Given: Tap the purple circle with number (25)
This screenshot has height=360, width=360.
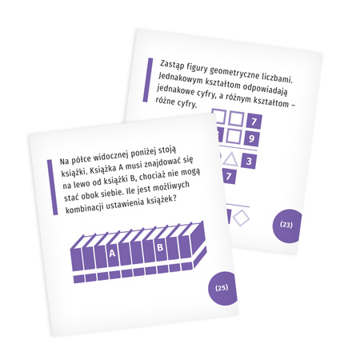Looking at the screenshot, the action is point(222,288).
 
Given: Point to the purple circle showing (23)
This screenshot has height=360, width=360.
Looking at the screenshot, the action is point(287,226).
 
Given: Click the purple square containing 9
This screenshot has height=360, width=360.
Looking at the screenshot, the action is point(251,138).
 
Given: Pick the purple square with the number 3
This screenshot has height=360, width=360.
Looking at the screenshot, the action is point(249,161).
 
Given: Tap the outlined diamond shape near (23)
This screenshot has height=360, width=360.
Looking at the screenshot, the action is point(241,218).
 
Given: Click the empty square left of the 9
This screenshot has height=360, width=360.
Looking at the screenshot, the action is point(234,136).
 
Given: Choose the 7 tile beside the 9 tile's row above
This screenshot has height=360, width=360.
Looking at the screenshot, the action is point(254,122).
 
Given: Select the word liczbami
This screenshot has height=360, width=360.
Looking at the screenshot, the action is point(277,78).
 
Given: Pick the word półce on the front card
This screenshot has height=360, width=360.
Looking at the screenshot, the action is point(82,159).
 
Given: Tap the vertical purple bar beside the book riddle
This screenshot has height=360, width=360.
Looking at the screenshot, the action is point(52,187).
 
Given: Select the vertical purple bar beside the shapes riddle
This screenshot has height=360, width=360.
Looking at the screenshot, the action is point(148,80).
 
